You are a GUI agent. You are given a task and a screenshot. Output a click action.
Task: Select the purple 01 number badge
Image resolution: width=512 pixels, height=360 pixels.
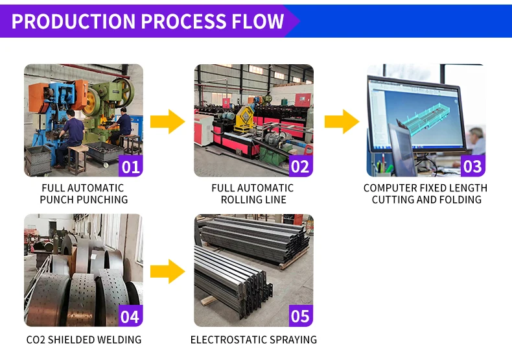point(131,166)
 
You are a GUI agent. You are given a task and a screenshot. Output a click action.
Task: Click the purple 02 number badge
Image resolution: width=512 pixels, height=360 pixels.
point(300,166)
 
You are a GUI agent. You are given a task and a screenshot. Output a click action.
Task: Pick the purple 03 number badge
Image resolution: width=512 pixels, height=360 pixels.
point(472,166)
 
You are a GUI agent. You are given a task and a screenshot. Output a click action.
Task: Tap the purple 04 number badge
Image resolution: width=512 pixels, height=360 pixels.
point(131,317)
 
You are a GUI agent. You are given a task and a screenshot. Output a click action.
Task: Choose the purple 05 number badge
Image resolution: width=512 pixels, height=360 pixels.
point(300,317)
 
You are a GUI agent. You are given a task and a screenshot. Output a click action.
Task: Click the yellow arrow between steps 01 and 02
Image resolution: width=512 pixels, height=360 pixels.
point(167,121)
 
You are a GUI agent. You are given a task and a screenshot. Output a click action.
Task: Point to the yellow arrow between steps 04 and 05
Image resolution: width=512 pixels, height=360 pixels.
point(167,271)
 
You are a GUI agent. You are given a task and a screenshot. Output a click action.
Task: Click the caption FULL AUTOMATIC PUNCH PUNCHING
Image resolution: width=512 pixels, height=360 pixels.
point(84,193)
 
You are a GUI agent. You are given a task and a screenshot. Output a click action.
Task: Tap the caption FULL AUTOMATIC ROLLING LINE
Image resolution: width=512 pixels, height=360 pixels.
point(253,193)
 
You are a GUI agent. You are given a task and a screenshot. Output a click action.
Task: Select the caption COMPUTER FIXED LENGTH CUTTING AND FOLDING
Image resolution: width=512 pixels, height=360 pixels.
point(426,193)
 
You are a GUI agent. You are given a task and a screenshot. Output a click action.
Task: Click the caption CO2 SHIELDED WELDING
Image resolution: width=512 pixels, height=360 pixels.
point(84,339)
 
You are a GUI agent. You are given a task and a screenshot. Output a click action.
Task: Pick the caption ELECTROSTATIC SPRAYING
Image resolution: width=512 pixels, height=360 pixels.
point(253,339)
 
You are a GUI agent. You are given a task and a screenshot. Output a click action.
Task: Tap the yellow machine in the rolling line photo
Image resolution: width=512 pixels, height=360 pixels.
point(244,120)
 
